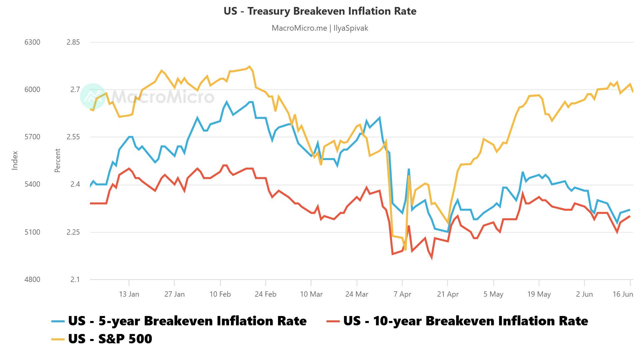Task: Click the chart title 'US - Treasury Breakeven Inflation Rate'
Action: pyautogui.click(x=320, y=11)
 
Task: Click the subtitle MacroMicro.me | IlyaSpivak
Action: pyautogui.click(x=320, y=28)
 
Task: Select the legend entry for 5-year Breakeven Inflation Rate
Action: pyautogui.click(x=187, y=321)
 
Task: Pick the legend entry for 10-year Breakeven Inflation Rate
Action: pyautogui.click(x=465, y=321)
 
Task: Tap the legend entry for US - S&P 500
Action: pyautogui.click(x=110, y=339)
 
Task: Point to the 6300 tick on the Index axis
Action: pyautogui.click(x=32, y=42)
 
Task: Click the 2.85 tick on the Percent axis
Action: pyautogui.click(x=73, y=42)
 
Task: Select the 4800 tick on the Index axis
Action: pyautogui.click(x=32, y=279)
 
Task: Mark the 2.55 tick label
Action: pyautogui.click(x=73, y=137)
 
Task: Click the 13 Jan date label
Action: pyautogui.click(x=129, y=294)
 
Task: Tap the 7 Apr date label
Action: pyautogui.click(x=402, y=294)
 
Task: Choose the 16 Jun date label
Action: pyautogui.click(x=622, y=294)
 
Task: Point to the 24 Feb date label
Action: pyautogui.click(x=265, y=294)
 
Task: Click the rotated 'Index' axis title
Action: pyautogui.click(x=15, y=160)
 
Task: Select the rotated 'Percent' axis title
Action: pyautogui.click(x=57, y=160)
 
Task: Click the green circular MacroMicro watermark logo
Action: pyautogui.click(x=93, y=96)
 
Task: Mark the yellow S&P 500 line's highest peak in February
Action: pyautogui.click(x=249, y=67)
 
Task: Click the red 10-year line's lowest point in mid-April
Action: pyautogui.click(x=432, y=258)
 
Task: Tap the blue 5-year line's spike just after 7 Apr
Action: pyautogui.click(x=409, y=169)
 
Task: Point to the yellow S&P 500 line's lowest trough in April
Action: pyautogui.click(x=405, y=250)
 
